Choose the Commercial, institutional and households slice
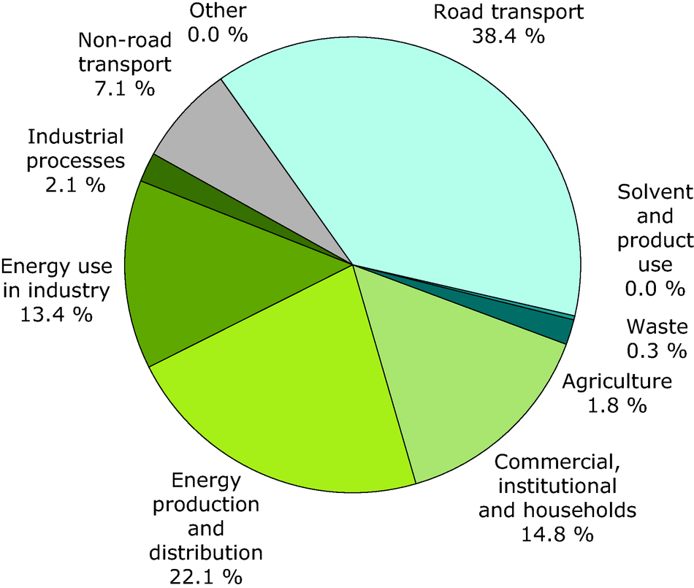tap(453, 380)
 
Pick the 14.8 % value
tap(557, 534)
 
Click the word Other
tap(217, 10)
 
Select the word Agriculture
tap(616, 381)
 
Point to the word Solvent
tap(654, 193)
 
